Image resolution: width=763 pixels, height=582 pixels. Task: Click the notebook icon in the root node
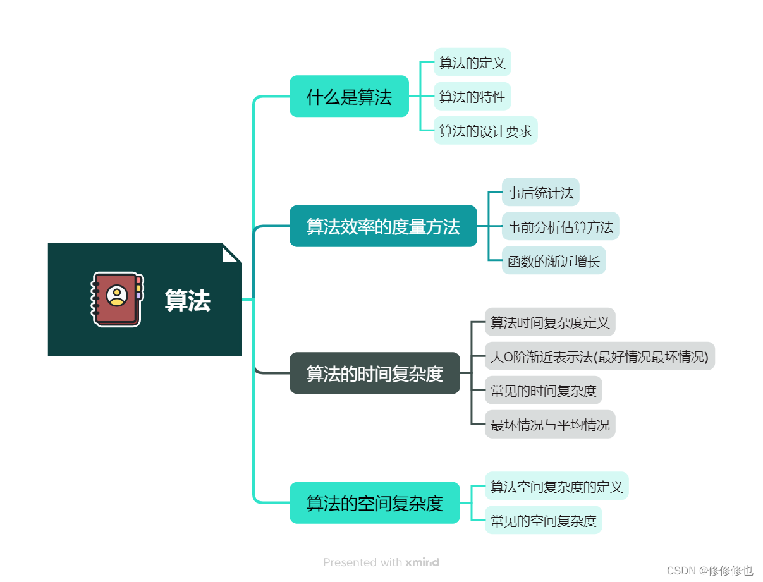[x=118, y=299]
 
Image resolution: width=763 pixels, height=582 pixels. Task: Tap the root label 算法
[x=187, y=301]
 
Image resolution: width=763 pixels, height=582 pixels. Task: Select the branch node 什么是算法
[x=349, y=97]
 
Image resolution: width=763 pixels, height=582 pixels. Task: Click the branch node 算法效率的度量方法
[x=383, y=226]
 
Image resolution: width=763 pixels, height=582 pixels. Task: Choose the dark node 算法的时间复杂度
[x=374, y=373]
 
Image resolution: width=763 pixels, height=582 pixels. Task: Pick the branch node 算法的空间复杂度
[x=374, y=503]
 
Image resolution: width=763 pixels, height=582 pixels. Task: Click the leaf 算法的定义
[x=472, y=63]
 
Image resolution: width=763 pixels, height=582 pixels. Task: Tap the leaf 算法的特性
[x=472, y=97]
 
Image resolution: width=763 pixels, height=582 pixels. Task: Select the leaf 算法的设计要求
[x=485, y=131]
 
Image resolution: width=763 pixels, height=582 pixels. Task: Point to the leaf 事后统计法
[x=540, y=192]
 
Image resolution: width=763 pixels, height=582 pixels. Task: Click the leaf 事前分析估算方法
[x=560, y=226]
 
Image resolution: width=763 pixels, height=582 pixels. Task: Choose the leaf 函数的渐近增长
[x=554, y=260]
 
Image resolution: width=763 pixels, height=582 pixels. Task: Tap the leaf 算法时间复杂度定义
[x=550, y=322]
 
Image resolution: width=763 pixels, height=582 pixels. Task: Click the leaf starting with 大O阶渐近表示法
[x=599, y=356]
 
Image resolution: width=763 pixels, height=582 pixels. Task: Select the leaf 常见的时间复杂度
[x=544, y=391]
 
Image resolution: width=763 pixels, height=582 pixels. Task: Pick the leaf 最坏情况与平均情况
[x=550, y=425]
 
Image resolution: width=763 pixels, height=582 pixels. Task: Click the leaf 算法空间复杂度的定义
[x=556, y=486]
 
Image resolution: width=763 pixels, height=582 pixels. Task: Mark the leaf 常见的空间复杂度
[x=544, y=521]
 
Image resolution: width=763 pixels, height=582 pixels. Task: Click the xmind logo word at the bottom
[x=422, y=562]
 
